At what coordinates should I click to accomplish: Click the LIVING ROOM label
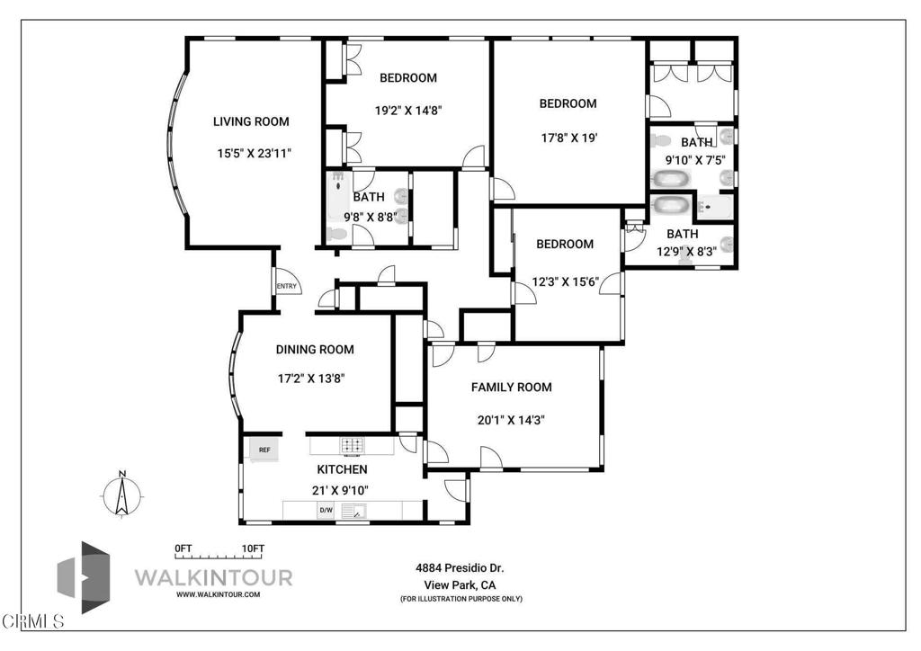pos(251,121)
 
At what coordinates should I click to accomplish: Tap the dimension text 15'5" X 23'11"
pos(254,154)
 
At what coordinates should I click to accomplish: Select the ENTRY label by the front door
pos(287,287)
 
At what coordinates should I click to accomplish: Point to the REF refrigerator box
pos(264,450)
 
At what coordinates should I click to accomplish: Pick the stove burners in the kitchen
pos(351,445)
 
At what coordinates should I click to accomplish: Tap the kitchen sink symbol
pos(357,513)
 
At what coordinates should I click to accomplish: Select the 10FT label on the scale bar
pos(253,548)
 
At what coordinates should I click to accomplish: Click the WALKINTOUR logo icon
pos(85,577)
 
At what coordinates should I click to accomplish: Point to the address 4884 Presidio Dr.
pos(460,568)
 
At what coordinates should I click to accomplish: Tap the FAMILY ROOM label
pos(512,388)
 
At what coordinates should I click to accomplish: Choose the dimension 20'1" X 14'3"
pos(511,419)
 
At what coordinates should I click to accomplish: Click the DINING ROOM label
pos(314,350)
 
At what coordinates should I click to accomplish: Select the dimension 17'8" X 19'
pos(568,138)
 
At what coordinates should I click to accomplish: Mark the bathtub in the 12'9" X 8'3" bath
pos(670,206)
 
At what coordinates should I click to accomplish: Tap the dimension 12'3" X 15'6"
pos(565,281)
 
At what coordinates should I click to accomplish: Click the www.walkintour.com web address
pos(219,594)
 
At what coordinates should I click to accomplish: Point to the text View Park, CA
pos(460,584)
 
